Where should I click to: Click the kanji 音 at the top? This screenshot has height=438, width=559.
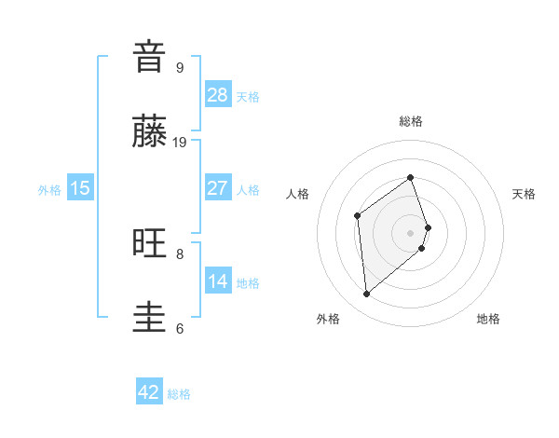click(150, 58)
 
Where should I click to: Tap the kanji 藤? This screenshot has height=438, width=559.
click(150, 132)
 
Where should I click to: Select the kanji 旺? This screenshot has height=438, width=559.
click(150, 243)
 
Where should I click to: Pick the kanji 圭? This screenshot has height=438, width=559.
click(150, 318)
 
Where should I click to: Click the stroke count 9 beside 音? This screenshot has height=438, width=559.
click(180, 67)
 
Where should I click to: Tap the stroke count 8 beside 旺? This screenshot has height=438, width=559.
click(180, 253)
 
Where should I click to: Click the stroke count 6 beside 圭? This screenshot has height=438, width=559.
click(180, 328)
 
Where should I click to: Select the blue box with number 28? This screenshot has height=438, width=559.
click(218, 94)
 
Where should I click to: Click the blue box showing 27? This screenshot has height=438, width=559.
click(218, 188)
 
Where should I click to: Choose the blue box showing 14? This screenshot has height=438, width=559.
click(218, 281)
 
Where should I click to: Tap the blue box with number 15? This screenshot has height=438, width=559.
click(80, 188)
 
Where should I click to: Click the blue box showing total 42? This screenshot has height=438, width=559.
click(149, 392)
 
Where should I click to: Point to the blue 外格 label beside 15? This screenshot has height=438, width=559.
click(49, 189)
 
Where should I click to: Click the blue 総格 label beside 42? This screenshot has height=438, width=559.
click(179, 393)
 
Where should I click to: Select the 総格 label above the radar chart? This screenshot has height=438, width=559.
click(411, 121)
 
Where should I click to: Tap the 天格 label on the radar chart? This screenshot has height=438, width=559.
click(524, 194)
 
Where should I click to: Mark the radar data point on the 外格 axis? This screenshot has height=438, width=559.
click(367, 294)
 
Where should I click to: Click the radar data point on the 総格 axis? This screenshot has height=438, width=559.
click(411, 176)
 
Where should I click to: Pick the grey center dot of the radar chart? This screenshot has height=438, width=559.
click(411, 232)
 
